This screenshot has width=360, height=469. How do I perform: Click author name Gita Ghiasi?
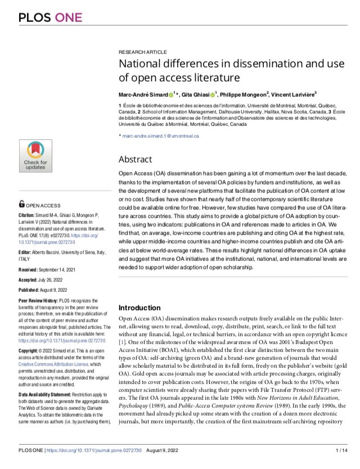pos(201,93)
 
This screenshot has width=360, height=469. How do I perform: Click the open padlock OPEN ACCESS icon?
pos(21,205)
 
